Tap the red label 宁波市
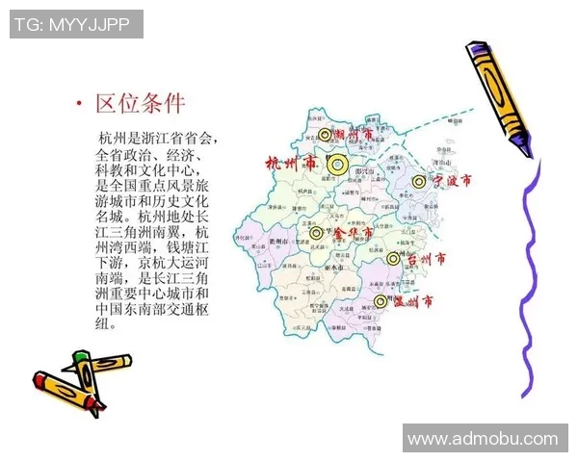point(452,181)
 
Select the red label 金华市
point(352,233)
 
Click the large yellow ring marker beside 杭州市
point(336,165)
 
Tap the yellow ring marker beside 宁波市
point(418,181)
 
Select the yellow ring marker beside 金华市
point(316,233)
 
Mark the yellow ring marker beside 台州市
point(392,259)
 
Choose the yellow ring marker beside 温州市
point(381,302)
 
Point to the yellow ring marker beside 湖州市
point(326,136)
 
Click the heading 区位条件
point(140,103)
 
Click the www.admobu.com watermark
point(483,439)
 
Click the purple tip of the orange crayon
point(526,146)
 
